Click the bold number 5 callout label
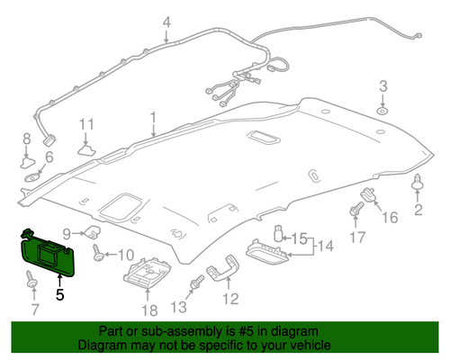click(x=60, y=294)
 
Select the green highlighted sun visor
click(x=48, y=254)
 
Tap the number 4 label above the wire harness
click(x=166, y=22)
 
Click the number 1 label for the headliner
click(x=153, y=118)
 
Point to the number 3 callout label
click(x=383, y=86)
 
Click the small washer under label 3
click(x=382, y=112)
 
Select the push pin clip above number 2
click(x=417, y=182)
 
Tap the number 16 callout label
click(x=390, y=218)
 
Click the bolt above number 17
click(x=356, y=209)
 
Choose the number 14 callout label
click(x=326, y=246)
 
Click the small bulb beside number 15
click(x=278, y=234)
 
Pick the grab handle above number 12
click(x=223, y=268)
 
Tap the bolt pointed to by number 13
click(x=196, y=283)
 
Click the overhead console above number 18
click(x=148, y=272)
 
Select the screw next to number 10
click(x=98, y=253)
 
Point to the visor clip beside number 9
click(x=92, y=231)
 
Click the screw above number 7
click(x=31, y=279)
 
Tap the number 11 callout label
click(x=86, y=124)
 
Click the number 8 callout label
click(x=27, y=139)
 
